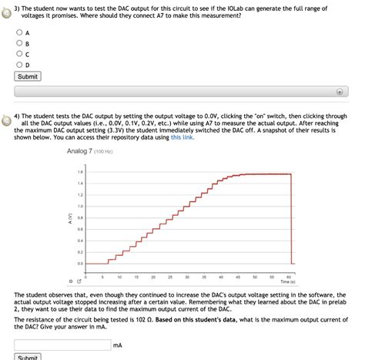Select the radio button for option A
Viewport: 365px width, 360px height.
pos(18,33)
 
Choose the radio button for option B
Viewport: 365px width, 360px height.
pos(18,43)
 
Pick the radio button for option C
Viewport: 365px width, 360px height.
pos(18,54)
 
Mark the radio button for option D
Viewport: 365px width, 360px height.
pos(18,65)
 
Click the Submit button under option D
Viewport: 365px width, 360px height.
pos(28,76)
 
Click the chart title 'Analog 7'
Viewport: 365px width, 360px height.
pos(79,151)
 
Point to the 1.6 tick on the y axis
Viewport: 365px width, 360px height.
pos(80,172)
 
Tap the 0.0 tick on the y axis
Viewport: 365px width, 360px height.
pos(80,264)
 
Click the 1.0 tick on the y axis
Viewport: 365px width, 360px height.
pos(80,207)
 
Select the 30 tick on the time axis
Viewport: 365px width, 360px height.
pos(187,275)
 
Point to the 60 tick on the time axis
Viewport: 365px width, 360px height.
pos(288,275)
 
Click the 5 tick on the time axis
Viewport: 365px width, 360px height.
pos(102,275)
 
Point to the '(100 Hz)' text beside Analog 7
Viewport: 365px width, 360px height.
pos(104,151)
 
